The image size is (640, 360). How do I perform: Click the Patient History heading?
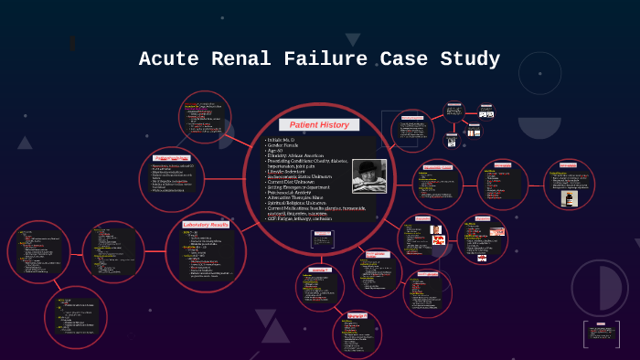[319, 124]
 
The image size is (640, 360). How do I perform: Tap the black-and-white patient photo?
[369, 175]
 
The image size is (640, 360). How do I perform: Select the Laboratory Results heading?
[206, 224]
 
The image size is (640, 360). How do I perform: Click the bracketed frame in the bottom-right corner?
[601, 334]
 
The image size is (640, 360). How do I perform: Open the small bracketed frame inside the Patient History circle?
[323, 239]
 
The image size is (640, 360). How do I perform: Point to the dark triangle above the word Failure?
[352, 39]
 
